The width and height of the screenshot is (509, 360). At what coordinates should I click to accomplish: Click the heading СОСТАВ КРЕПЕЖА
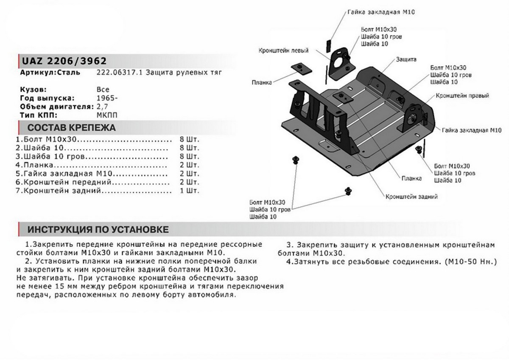click(71, 128)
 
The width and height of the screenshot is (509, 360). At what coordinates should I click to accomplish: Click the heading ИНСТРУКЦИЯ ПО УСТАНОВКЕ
click(98, 230)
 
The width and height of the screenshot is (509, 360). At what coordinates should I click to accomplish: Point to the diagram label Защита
click(406, 59)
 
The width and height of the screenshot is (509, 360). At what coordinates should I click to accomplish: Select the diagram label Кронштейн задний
click(411, 197)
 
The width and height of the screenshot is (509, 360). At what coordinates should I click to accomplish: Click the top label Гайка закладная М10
click(381, 12)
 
